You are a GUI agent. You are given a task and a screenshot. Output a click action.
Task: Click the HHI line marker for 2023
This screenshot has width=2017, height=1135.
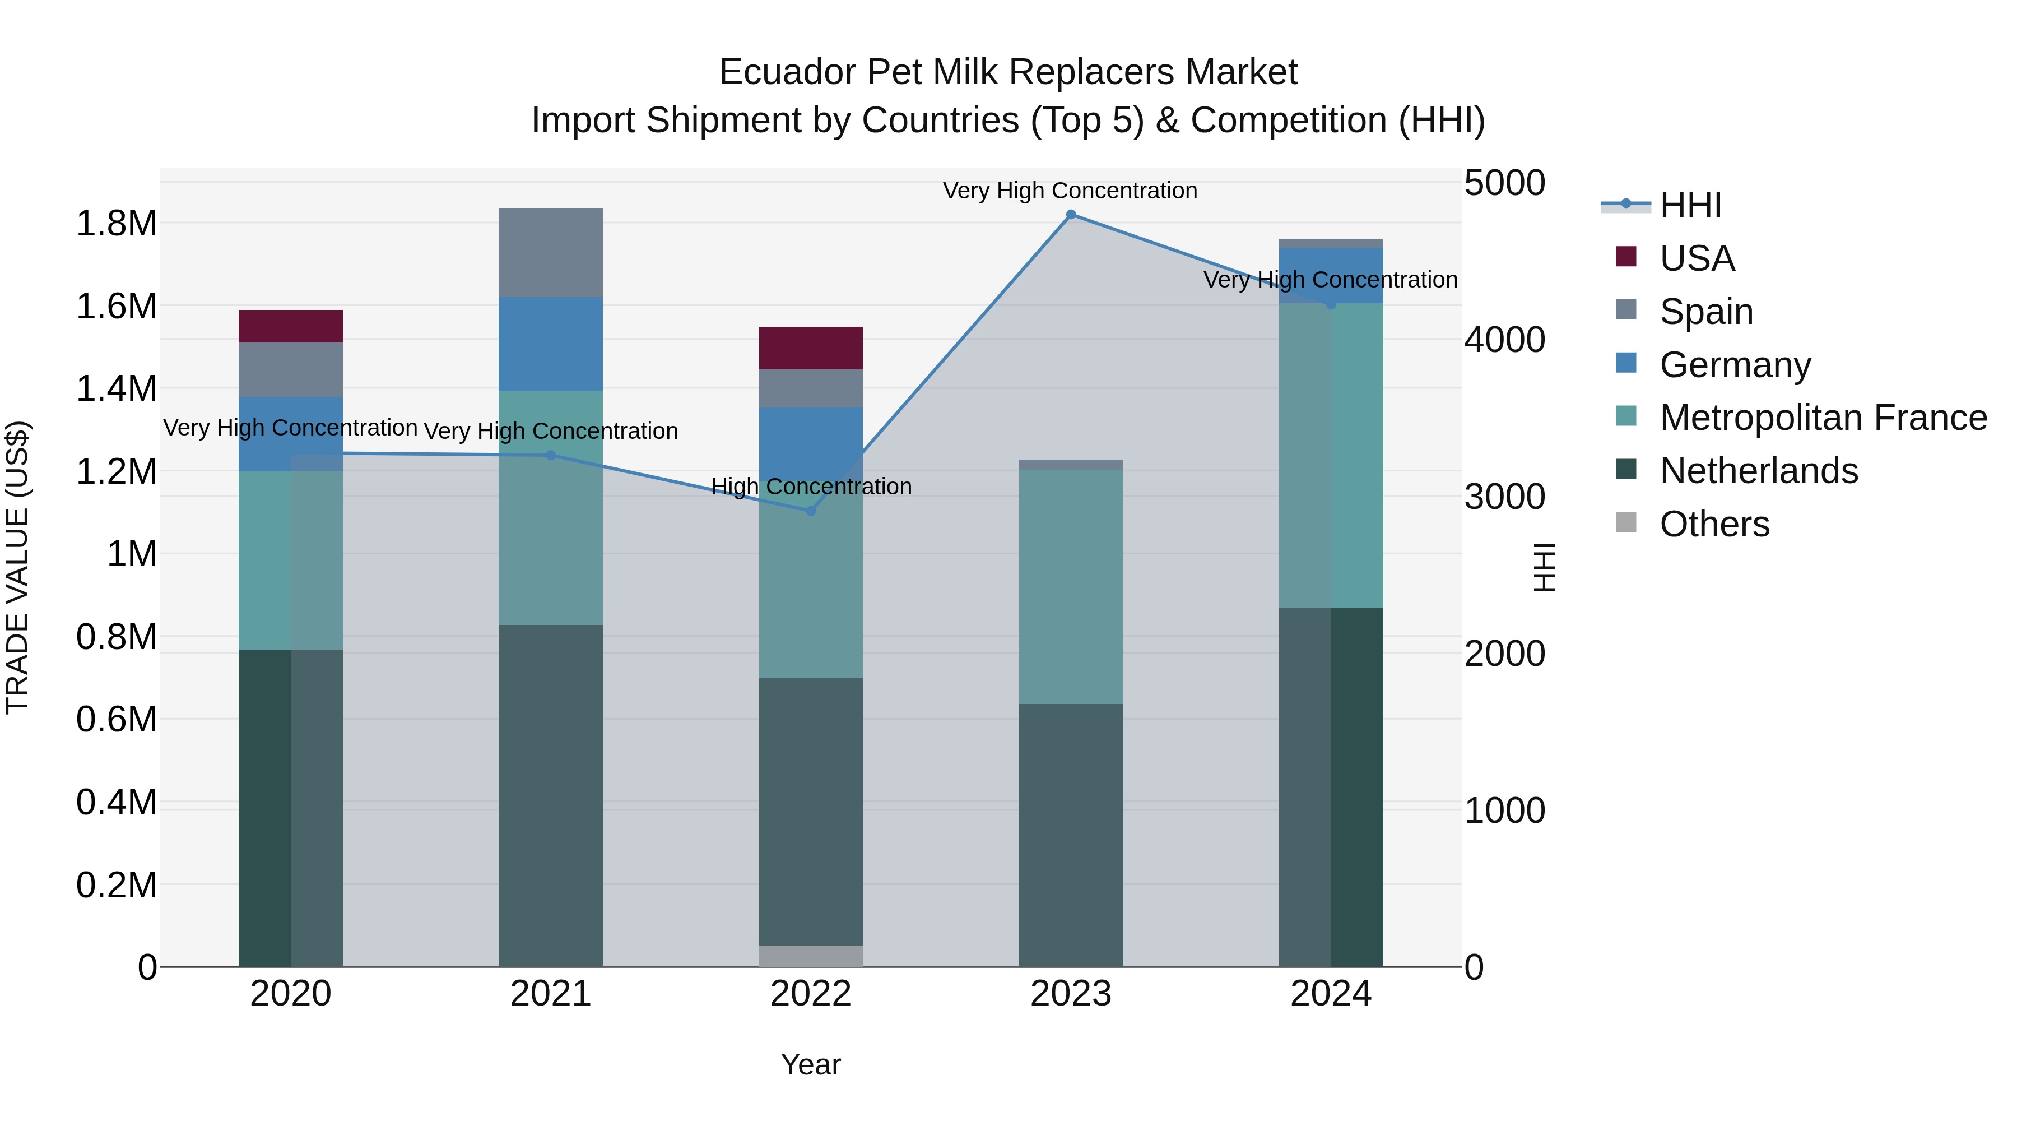click(1070, 215)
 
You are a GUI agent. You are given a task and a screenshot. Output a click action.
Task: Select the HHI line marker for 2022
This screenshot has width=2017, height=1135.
click(810, 511)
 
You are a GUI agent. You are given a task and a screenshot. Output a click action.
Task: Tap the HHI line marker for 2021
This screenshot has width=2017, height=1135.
click(550, 455)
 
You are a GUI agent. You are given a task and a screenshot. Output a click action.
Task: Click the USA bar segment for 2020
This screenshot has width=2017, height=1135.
click(290, 326)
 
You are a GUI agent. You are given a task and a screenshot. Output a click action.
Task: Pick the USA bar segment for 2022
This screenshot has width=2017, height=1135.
click(810, 348)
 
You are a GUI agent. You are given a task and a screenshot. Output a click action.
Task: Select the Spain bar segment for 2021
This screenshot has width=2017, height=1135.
click(550, 252)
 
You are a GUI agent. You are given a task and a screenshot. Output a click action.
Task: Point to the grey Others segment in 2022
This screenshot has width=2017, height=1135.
click(810, 956)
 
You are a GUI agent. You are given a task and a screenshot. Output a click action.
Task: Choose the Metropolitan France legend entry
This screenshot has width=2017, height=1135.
click(1823, 418)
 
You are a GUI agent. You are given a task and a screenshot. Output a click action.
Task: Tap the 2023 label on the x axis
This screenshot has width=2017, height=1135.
click(1070, 994)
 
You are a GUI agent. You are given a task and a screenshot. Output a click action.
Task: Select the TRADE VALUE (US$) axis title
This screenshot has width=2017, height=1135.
click(17, 567)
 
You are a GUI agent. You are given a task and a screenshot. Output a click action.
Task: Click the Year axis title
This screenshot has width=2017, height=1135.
click(810, 1064)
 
